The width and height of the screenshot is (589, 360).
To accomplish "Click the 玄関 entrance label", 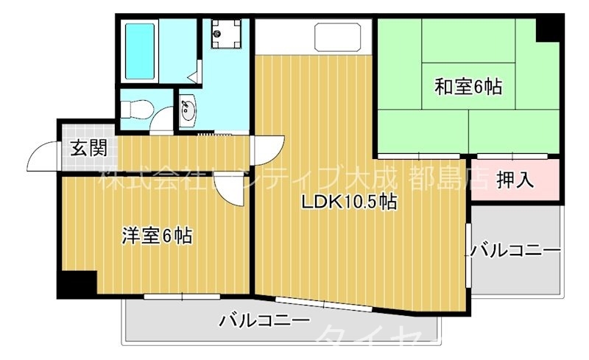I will (88, 148).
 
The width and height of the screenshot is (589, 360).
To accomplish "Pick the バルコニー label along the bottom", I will (264, 321).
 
